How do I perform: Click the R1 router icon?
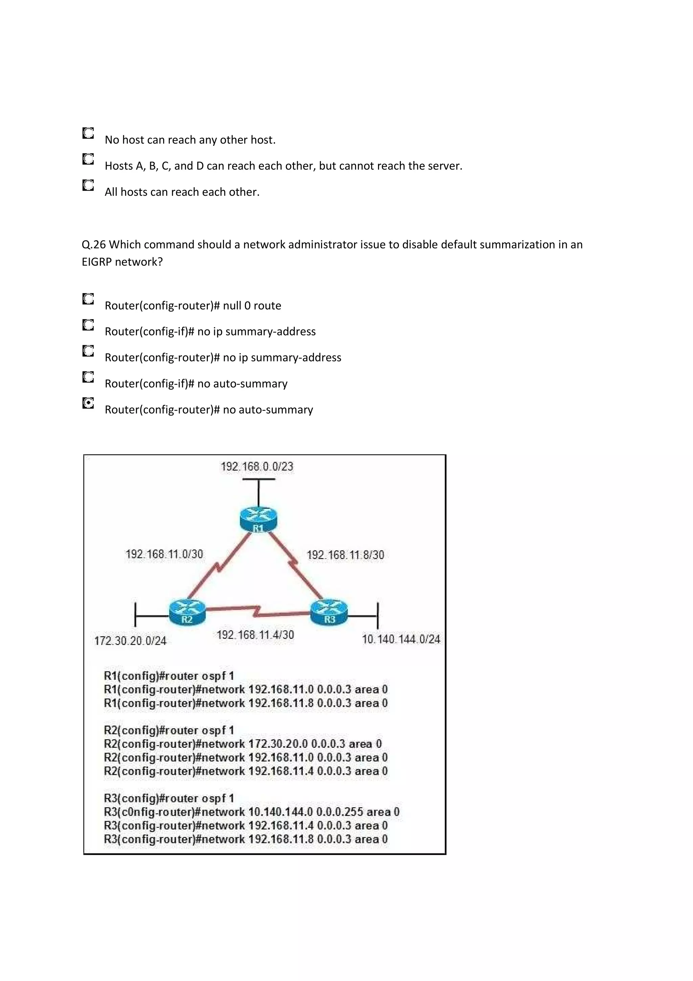[x=258, y=520]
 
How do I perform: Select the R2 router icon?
[x=187, y=612]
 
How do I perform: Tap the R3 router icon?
[x=329, y=612]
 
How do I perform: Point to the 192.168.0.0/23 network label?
[x=257, y=466]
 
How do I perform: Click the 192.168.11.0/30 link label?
[x=164, y=554]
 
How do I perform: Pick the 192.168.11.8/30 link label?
[x=345, y=555]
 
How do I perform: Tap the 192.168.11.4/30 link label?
[x=255, y=635]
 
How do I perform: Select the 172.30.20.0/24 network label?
[x=130, y=641]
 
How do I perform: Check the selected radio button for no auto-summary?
[x=88, y=403]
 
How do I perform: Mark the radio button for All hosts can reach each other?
[x=88, y=186]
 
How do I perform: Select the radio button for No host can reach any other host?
[x=88, y=133]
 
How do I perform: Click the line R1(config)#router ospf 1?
[x=169, y=676]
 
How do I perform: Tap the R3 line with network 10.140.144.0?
[x=251, y=812]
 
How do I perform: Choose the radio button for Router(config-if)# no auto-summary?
[x=88, y=377]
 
